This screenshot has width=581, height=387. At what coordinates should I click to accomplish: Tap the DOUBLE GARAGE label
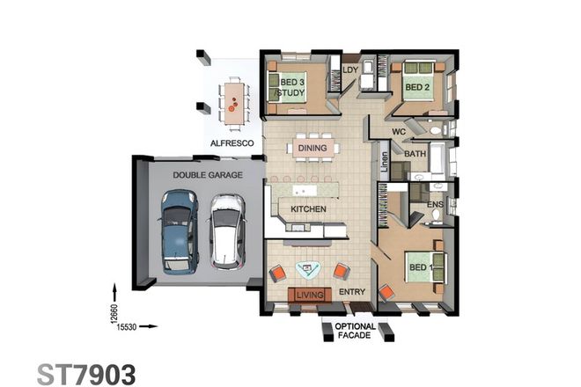click(202, 175)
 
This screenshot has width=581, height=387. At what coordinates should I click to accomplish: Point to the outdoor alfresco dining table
click(233, 98)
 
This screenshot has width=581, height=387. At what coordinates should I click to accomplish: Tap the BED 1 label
click(419, 267)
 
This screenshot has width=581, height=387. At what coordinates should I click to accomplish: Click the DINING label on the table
click(312, 149)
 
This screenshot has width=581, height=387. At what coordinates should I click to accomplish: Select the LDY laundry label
click(349, 69)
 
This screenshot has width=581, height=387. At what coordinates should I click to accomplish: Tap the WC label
click(399, 133)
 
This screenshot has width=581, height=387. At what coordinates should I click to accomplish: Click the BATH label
click(416, 153)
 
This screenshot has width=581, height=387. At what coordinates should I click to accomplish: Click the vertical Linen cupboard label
click(384, 163)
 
